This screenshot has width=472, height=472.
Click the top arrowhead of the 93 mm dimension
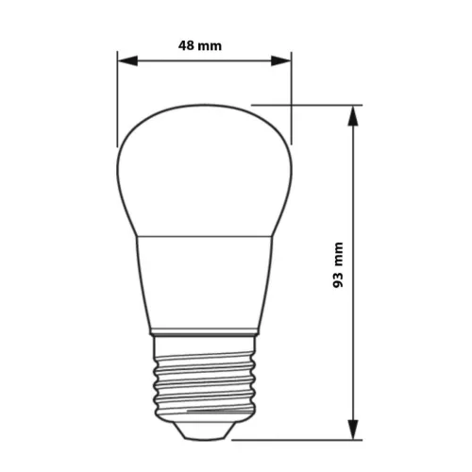355,114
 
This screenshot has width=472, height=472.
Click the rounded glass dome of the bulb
203,170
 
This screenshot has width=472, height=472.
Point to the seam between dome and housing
203,236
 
